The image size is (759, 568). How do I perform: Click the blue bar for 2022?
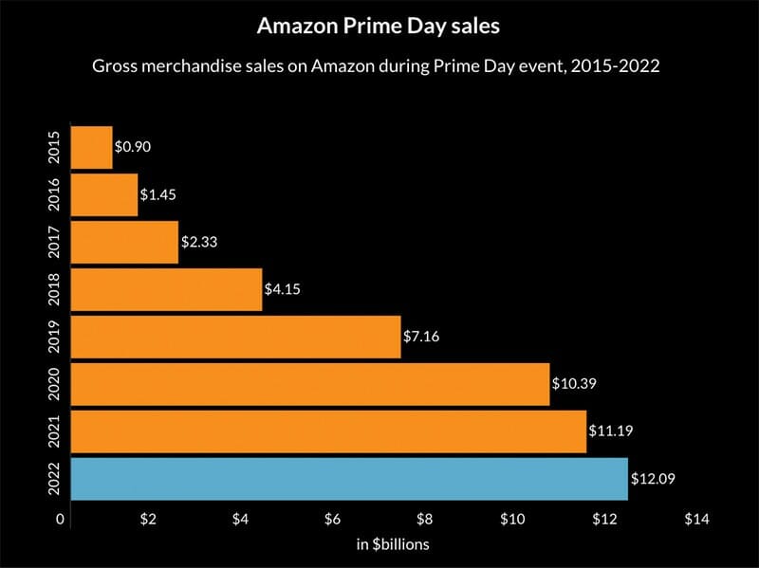click(349, 478)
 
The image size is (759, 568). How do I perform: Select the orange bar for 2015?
click(92, 147)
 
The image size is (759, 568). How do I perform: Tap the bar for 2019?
click(235, 336)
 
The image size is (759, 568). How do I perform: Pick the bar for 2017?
click(124, 242)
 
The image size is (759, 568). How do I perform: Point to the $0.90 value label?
click(133, 147)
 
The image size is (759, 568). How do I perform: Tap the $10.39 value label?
click(573, 383)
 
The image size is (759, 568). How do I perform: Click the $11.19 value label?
click(610, 431)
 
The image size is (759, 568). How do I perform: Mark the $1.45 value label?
click(158, 194)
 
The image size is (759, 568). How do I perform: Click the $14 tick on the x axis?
click(695, 520)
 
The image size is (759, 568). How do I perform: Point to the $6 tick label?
click(332, 520)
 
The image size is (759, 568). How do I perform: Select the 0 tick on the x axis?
click(61, 520)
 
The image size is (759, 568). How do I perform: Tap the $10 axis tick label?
click(512, 520)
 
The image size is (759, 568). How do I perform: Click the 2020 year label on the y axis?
click(54, 383)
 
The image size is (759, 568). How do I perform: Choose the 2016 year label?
click(54, 194)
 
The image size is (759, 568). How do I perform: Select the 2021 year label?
click(54, 431)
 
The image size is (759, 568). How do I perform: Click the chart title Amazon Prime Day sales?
click(379, 27)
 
